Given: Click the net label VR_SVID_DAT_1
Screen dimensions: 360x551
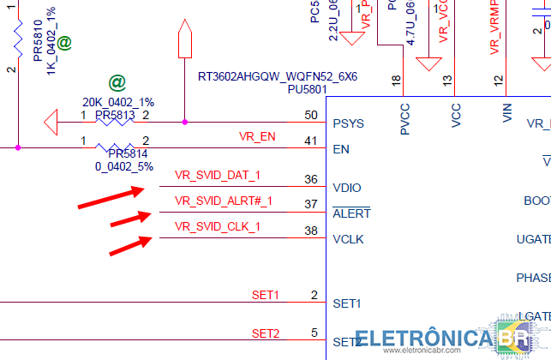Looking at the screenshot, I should coord(218,176).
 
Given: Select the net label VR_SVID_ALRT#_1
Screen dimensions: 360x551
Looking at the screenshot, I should coord(224,201).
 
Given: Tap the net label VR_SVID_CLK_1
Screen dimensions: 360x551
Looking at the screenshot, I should coord(218,226).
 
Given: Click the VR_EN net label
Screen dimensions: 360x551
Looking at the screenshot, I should coord(257,136).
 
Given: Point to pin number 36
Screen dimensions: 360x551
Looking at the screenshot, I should coord(310,179).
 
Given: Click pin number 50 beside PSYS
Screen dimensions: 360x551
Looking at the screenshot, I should coord(310,115).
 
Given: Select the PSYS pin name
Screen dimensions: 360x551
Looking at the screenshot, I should coord(348,123).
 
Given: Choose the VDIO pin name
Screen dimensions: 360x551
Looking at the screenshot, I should coord(347,188).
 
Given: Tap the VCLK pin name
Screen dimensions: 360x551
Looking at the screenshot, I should coord(348,239).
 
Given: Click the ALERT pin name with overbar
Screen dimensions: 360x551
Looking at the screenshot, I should coord(351,213).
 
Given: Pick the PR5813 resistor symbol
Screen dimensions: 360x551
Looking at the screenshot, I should coord(115,122).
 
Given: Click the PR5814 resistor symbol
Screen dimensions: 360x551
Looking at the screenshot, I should coord(115,147).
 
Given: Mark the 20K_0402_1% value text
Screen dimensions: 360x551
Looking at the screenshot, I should coord(118,102).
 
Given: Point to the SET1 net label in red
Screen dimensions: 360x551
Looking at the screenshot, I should coord(266,295).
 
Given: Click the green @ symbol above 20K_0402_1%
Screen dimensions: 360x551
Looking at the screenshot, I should coord(117,84).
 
